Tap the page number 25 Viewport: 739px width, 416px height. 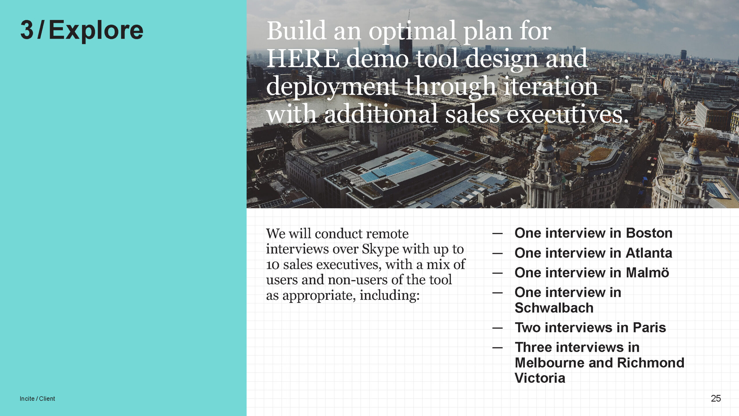click(716, 398)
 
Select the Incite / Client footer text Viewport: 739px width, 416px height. click(37, 399)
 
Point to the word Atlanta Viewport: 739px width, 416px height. click(649, 253)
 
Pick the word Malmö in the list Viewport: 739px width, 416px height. click(647, 272)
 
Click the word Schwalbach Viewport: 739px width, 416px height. click(554, 308)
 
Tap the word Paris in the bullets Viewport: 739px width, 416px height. click(649, 327)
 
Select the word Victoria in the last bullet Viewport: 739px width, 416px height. click(540, 378)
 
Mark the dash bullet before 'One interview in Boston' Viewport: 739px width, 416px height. click(497, 233)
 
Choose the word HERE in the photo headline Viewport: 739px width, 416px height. click(303, 59)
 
